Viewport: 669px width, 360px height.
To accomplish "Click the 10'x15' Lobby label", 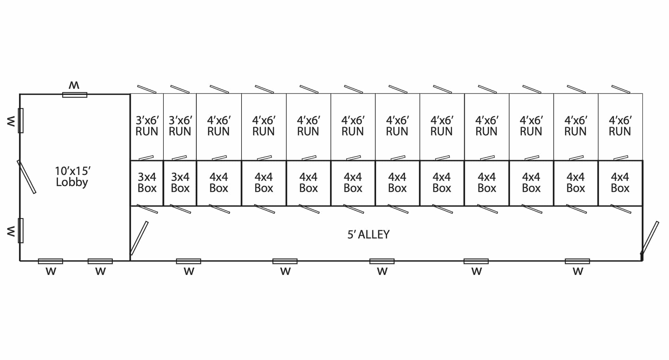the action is [73, 176].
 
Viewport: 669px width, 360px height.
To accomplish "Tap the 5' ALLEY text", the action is [369, 235].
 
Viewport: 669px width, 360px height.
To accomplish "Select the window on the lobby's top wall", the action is [75, 94].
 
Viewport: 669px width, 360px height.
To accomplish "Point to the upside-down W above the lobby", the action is [74, 85].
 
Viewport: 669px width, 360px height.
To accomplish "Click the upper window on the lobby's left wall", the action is [21, 120].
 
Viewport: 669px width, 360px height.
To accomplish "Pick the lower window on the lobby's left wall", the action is [21, 231].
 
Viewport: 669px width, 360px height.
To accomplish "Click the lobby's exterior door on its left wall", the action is [26, 177].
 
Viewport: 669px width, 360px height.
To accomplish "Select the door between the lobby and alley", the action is [139, 238].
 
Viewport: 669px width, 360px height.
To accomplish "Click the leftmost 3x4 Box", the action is [147, 183].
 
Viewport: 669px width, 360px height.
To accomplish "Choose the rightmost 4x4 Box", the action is [620, 183].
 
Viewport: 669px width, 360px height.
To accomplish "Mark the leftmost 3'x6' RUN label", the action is [147, 126].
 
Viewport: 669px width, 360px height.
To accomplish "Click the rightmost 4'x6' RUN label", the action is [620, 126].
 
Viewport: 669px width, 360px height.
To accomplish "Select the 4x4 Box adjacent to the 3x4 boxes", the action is [219, 183].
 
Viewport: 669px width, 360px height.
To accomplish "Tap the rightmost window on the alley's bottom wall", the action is [577, 261].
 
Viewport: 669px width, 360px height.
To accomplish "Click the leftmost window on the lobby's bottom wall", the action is [51, 261].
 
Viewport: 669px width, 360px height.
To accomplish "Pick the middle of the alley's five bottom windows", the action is [382, 261].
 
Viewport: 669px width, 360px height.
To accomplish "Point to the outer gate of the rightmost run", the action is [621, 89].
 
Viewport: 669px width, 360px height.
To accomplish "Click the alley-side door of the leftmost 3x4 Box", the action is [147, 209].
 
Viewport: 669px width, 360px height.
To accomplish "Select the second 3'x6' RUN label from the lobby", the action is [180, 126].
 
